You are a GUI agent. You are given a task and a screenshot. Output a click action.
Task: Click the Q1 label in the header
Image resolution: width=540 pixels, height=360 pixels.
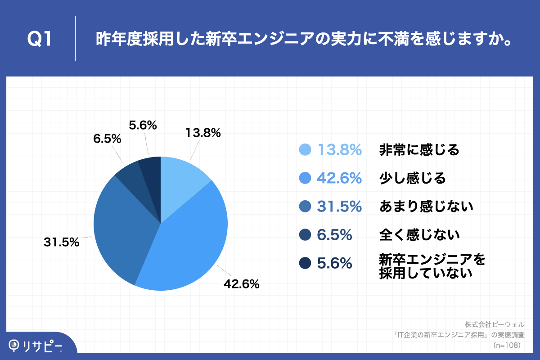click(x=40, y=40)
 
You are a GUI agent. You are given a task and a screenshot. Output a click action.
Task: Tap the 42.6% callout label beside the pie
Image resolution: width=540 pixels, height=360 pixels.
click(x=242, y=284)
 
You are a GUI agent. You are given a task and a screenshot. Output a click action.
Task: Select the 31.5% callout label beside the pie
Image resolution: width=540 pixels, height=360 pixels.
click(x=62, y=242)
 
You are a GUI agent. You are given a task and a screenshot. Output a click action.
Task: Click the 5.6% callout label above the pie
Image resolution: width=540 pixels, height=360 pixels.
click(x=143, y=126)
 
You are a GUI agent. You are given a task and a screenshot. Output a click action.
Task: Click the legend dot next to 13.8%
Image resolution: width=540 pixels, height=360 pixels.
click(x=305, y=150)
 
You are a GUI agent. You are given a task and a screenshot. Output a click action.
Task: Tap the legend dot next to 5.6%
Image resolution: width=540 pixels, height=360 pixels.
click(x=305, y=263)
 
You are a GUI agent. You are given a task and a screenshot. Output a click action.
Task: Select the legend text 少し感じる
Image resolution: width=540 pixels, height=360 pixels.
click(x=412, y=178)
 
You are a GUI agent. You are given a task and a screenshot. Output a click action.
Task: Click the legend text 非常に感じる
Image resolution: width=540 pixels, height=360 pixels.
click(x=419, y=150)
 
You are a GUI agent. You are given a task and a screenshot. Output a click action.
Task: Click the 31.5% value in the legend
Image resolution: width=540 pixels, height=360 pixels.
click(x=339, y=207)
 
